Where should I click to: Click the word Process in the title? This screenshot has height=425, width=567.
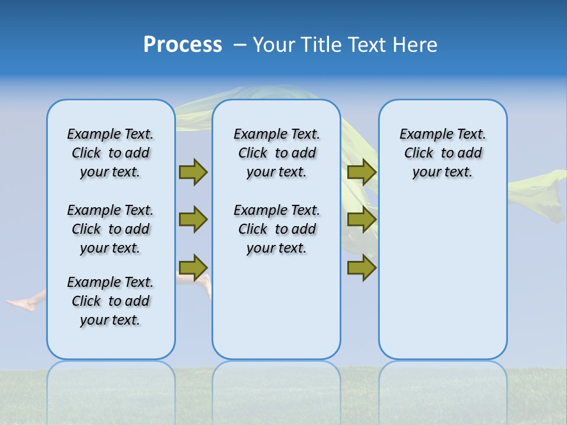[183, 45]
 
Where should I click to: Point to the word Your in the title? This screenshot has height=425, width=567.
[275, 45]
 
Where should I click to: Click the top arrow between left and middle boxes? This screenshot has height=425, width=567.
[193, 172]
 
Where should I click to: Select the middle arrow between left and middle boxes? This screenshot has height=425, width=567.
[193, 220]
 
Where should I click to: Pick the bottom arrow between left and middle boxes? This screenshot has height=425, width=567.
[193, 267]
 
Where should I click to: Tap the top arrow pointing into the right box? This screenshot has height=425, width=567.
[362, 172]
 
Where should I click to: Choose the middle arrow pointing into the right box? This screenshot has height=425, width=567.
[362, 220]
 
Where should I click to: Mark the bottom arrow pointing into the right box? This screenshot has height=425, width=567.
[362, 267]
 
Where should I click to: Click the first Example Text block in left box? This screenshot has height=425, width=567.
[110, 153]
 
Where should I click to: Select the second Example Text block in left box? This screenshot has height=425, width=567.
[110, 229]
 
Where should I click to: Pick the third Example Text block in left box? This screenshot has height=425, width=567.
[110, 301]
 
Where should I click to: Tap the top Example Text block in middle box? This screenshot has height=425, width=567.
[276, 153]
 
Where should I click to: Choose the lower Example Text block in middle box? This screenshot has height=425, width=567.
[276, 229]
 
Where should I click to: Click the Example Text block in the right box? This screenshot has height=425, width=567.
[442, 153]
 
